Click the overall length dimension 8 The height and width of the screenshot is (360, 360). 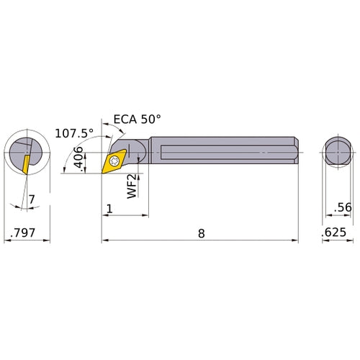pos(200,233)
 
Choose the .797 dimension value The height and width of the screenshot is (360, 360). pos(23,233)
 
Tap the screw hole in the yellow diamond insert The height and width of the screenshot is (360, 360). pos(114,160)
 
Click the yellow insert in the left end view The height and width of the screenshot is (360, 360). pos(25,163)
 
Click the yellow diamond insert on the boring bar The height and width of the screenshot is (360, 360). pos(114,160)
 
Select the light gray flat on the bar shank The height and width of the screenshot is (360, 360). pos(216,153)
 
